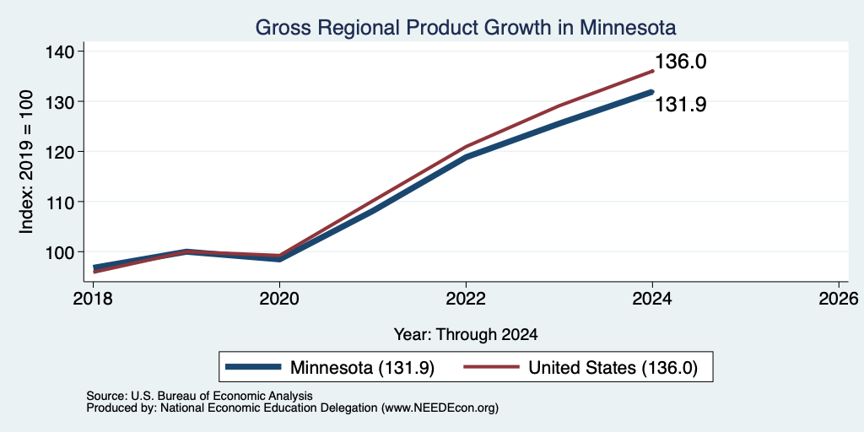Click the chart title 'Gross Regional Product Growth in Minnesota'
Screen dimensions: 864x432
point(466,28)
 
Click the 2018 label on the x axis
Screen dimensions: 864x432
point(93,299)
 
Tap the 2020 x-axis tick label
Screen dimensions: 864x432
point(279,299)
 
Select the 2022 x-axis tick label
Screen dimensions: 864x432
point(466,299)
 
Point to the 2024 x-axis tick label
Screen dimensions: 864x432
point(652,299)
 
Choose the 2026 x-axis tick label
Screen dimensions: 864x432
point(839,299)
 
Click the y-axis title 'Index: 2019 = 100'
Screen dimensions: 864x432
point(26,162)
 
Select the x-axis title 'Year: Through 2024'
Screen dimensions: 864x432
point(466,334)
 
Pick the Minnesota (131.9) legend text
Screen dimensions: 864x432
point(363,368)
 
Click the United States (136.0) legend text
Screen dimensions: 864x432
point(613,368)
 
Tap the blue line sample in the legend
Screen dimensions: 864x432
point(253,368)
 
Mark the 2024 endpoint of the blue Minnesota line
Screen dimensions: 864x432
point(652,92)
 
